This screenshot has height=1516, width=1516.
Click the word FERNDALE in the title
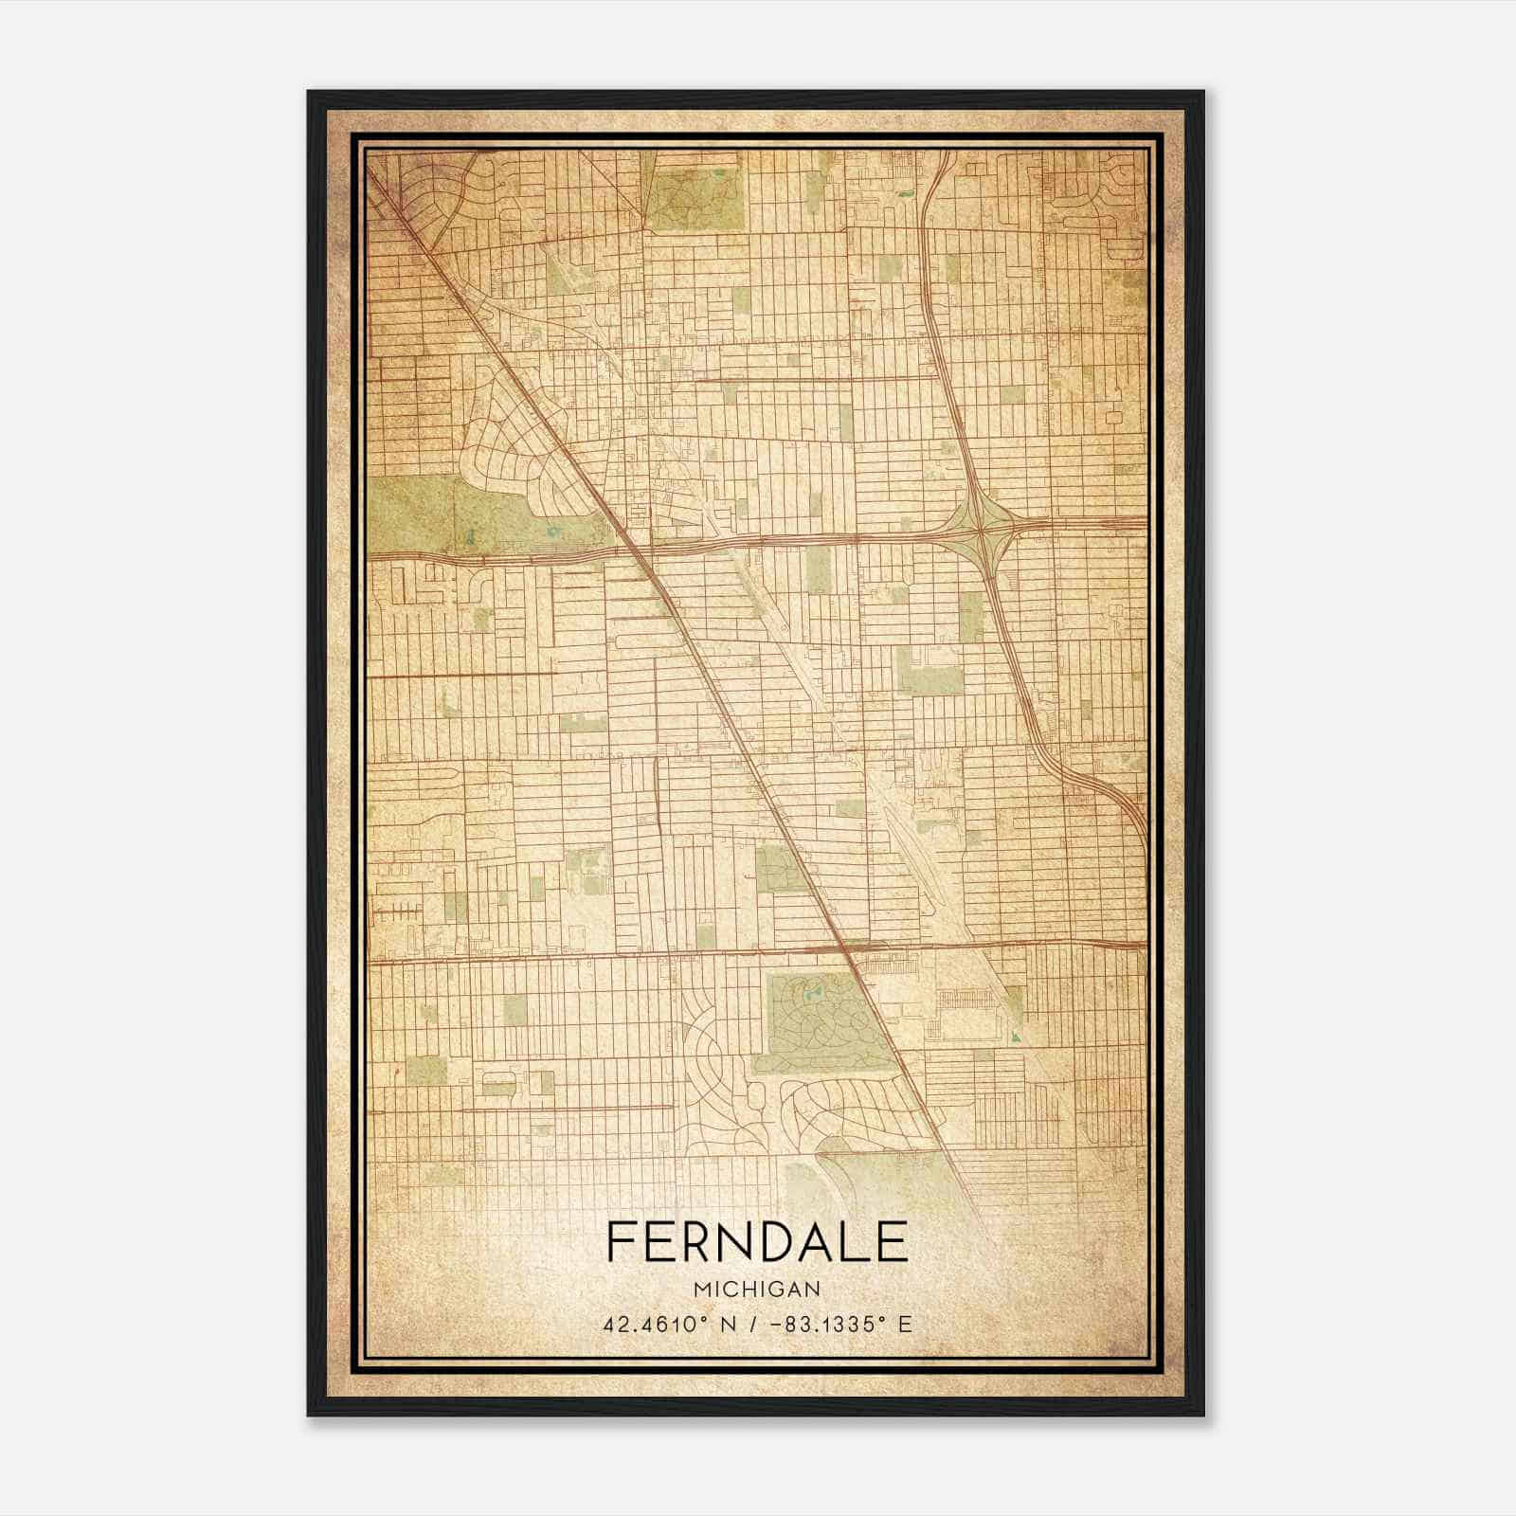click(x=756, y=1242)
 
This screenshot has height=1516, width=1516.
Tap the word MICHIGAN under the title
click(x=756, y=1290)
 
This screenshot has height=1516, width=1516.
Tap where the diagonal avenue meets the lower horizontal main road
click(x=846, y=950)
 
